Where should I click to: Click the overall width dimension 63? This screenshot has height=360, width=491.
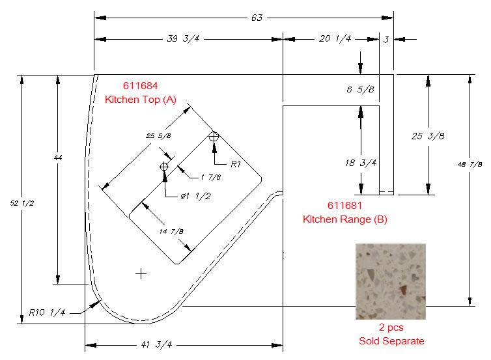257,18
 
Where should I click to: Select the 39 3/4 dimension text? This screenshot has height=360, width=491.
183,39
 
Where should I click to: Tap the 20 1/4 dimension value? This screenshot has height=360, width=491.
335,39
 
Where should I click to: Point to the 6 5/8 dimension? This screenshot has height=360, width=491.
360,90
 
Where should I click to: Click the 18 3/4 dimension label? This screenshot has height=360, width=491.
361,163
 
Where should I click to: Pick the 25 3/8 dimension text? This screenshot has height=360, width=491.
428,136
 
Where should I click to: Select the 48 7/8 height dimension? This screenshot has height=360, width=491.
470,164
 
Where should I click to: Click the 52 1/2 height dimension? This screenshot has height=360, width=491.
21,204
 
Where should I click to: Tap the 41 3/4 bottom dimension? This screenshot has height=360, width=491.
156,344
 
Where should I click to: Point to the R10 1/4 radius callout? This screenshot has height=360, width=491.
47,312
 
